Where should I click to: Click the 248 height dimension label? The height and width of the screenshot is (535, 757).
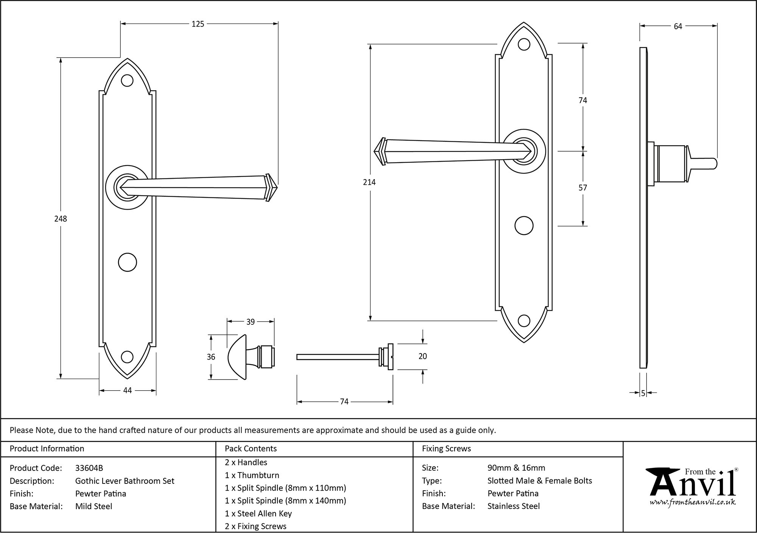(61, 219)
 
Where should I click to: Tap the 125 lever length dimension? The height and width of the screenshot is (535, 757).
(198, 24)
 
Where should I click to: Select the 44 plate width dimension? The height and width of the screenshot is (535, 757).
(127, 390)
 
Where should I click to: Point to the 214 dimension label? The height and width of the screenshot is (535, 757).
(369, 182)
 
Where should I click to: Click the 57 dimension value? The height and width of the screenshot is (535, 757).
(583, 188)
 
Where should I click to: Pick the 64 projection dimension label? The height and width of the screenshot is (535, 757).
(678, 26)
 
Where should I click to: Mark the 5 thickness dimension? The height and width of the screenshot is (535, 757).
(643, 393)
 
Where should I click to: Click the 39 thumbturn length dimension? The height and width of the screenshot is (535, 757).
(250, 322)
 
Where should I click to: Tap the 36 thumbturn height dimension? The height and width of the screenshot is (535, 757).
(211, 357)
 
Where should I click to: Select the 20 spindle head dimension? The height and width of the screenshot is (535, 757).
(422, 356)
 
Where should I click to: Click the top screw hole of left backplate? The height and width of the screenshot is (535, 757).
(127, 80)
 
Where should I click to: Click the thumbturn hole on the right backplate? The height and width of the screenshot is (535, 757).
(524, 226)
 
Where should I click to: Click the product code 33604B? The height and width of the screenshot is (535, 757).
(89, 468)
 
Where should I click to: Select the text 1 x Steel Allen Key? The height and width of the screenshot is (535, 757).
(258, 514)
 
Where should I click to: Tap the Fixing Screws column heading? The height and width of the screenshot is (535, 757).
(446, 449)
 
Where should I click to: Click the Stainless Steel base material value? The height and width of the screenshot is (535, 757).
(513, 506)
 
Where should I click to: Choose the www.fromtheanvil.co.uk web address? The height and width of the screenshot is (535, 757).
(693, 502)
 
